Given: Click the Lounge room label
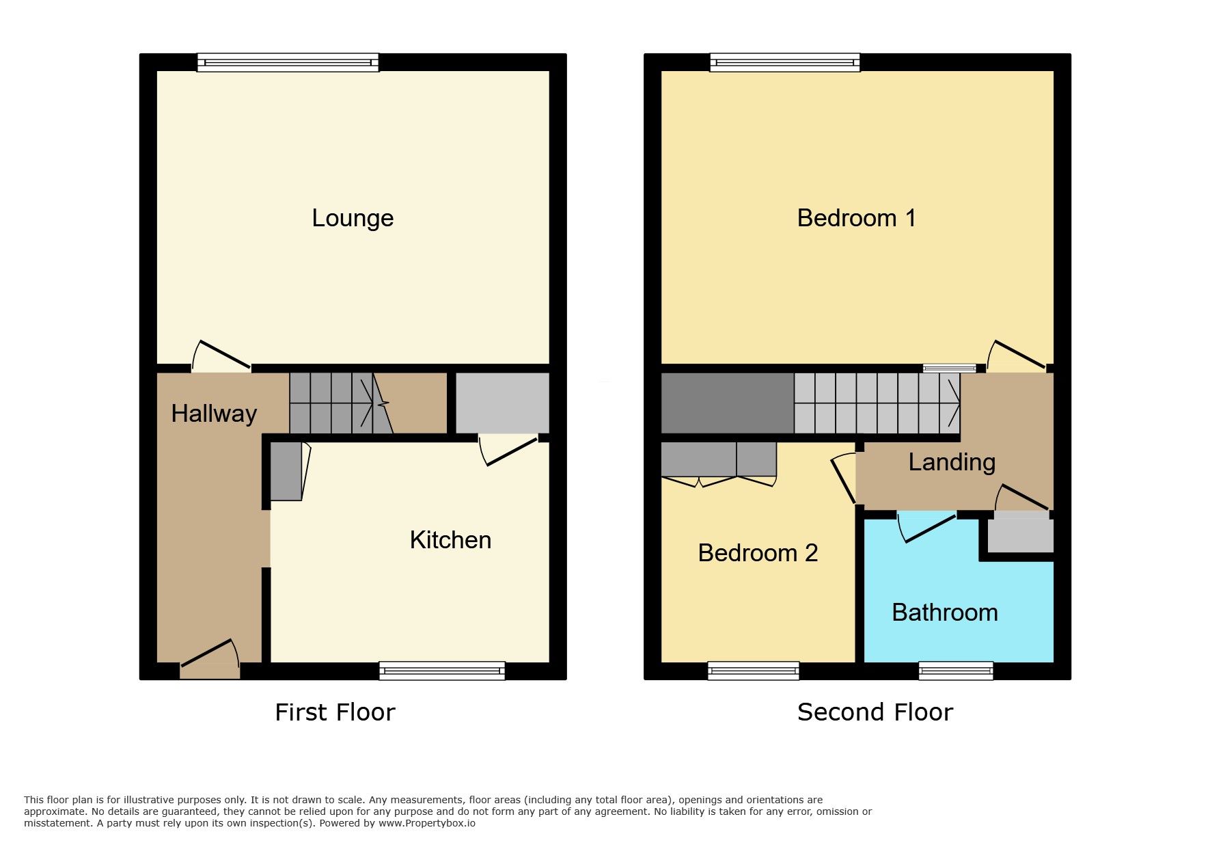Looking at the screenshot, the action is (353, 218).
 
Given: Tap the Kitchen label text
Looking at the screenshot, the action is (450, 540).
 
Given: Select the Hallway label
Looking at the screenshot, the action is (214, 414).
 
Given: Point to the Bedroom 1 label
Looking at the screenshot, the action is (856, 218).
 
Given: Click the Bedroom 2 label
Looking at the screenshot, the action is (758, 552).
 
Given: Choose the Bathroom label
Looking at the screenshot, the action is (945, 613).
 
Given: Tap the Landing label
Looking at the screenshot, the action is (952, 462).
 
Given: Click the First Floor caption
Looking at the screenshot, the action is (335, 712).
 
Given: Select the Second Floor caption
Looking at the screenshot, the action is (875, 712).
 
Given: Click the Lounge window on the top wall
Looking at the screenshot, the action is (288, 62).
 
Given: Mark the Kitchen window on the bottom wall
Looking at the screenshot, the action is (442, 671).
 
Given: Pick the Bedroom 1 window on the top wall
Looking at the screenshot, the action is (785, 62).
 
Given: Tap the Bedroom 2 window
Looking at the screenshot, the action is (754, 671).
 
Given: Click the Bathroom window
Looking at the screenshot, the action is (956, 671).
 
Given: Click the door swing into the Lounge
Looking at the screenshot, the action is (221, 355).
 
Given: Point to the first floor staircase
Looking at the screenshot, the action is (341, 403).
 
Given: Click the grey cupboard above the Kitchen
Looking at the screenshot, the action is (502, 403).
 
